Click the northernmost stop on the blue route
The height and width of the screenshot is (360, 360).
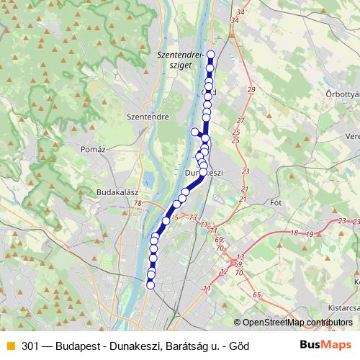click(211, 55)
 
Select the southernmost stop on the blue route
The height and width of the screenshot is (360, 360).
click(150, 285)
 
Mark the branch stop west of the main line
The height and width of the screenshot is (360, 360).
click(194, 131)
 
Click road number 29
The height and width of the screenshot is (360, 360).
click(251, 89)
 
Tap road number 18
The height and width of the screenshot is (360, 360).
click(294, 233)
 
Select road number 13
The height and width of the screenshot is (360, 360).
click(240, 257)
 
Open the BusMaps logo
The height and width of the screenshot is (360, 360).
click(325, 346)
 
